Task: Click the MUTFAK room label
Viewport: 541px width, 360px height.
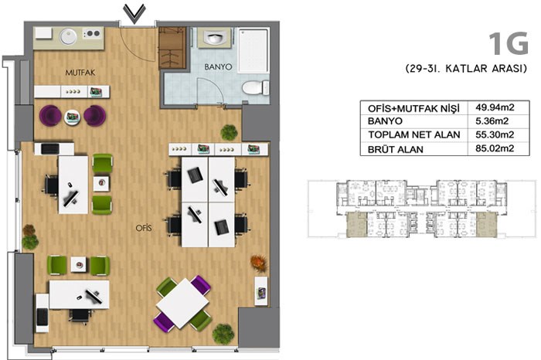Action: tap(80, 73)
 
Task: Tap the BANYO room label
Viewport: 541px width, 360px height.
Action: tap(218, 67)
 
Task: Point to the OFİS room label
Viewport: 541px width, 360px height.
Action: tap(144, 228)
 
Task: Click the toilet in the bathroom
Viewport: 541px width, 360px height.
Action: tap(256, 87)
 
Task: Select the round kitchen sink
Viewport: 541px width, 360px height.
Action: tap(69, 36)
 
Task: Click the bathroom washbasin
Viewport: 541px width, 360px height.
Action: tap(215, 38)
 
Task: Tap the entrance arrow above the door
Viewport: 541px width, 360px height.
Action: tap(134, 14)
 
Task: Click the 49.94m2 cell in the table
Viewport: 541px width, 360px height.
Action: tap(495, 107)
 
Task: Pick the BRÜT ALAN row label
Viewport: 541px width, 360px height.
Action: tap(396, 150)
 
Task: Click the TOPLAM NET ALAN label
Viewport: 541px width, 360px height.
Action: tap(414, 135)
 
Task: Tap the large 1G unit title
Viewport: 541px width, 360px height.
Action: tap(509, 44)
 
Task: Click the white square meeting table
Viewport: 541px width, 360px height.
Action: tap(182, 303)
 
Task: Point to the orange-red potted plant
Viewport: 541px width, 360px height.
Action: tap(259, 263)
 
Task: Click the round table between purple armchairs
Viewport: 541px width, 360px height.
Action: tap(73, 117)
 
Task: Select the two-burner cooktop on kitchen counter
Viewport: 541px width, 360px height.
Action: tap(93, 33)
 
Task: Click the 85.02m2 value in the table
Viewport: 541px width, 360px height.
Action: tap(495, 148)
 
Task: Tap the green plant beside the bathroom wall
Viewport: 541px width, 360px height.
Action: tap(229, 132)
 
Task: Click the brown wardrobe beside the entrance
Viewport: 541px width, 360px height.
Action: tap(172, 48)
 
